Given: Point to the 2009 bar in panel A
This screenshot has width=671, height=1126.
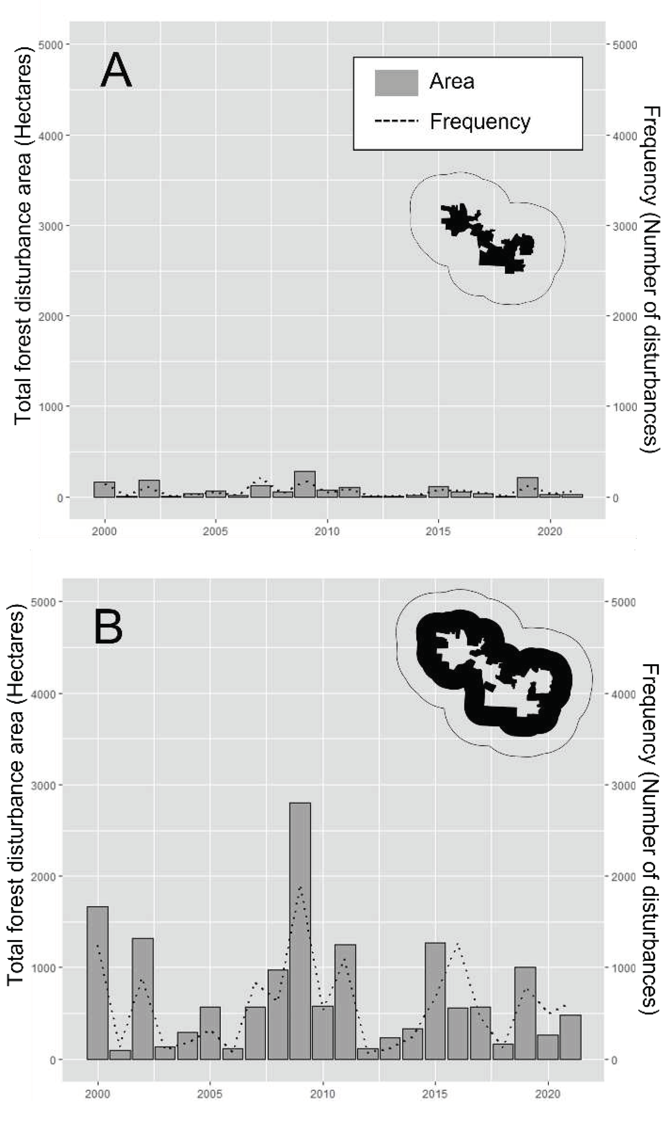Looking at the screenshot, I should coord(305,485).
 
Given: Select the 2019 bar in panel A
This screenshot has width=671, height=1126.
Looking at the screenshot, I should coord(528,488).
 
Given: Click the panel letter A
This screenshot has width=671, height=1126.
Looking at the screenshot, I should coord(116,70).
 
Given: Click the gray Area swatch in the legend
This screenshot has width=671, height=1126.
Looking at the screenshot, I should coord(396,83).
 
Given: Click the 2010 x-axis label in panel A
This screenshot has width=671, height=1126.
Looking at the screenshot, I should coord(327,531).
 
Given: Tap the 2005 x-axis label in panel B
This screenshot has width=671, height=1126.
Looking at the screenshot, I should coord(209,1094).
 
